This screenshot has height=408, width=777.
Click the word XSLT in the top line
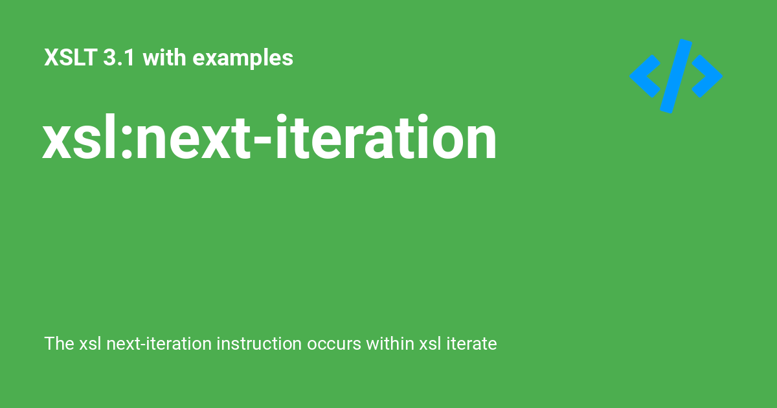(x=70, y=57)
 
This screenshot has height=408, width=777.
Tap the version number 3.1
(x=118, y=57)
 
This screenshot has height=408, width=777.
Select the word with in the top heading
(x=164, y=57)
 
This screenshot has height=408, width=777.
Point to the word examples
(x=243, y=58)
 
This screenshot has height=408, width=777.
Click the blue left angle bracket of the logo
(x=645, y=76)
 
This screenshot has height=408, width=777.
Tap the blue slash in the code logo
(x=676, y=76)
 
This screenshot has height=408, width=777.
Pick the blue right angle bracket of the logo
(x=707, y=76)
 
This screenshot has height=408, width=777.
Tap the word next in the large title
(x=193, y=139)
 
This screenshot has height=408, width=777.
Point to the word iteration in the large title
(x=386, y=137)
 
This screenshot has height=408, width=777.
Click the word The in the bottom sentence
(x=60, y=343)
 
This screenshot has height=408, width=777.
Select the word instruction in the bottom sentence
(x=259, y=343)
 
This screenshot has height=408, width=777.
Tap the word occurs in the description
(x=334, y=346)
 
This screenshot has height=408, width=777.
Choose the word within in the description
(x=390, y=343)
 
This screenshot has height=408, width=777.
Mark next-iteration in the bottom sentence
(x=159, y=343)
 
